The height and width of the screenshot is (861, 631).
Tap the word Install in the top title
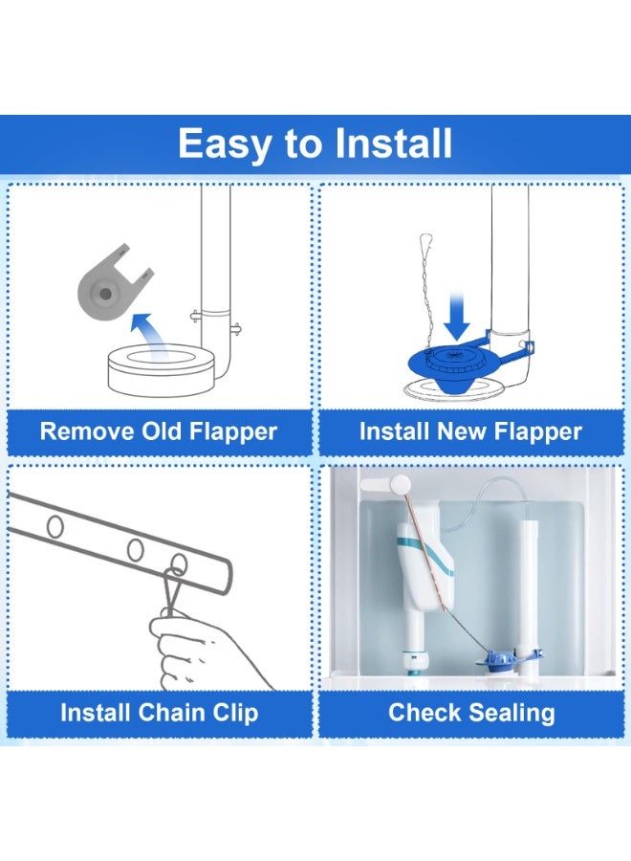click(393, 144)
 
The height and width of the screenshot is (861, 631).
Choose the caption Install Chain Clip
click(159, 713)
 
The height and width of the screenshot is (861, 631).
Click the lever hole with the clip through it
click(179, 563)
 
